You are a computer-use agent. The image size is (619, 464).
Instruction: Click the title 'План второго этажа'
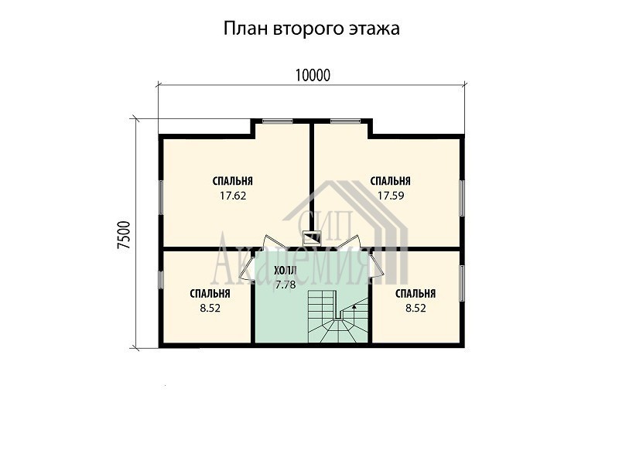(x=312, y=29)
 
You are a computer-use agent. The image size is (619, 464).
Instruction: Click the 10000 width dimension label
(x=313, y=75)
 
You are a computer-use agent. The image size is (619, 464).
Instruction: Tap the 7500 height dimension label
(x=124, y=235)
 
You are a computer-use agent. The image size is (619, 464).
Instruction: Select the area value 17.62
(x=233, y=196)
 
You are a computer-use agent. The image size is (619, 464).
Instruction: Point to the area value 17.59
(x=391, y=196)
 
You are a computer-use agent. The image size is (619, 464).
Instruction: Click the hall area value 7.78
(x=286, y=285)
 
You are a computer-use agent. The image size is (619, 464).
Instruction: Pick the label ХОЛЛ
(x=285, y=271)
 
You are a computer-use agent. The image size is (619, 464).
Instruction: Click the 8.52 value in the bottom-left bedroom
(x=210, y=308)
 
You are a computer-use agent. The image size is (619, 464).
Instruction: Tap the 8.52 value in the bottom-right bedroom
(x=416, y=308)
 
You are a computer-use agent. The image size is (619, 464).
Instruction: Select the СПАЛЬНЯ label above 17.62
(x=233, y=181)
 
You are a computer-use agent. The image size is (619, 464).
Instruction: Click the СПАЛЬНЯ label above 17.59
(x=391, y=181)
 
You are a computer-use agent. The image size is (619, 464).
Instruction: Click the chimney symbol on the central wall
(x=312, y=238)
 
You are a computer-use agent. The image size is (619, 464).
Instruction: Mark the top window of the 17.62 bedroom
(x=278, y=121)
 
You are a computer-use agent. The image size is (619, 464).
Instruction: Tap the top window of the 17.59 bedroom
(x=345, y=121)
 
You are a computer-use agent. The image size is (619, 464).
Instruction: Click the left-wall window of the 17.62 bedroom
(x=161, y=198)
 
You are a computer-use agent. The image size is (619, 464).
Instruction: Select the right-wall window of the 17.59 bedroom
(x=462, y=198)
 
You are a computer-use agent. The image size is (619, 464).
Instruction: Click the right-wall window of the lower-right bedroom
(x=462, y=284)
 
